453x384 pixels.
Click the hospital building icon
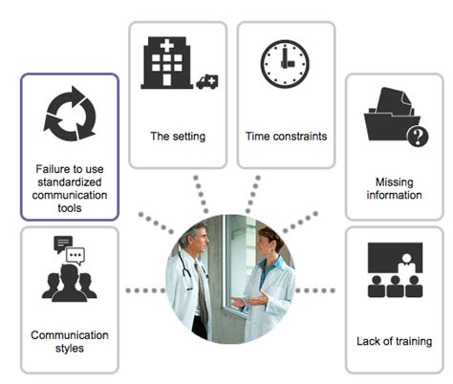(166, 62)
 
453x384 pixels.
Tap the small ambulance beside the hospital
(207, 82)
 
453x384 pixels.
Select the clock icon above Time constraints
(285, 64)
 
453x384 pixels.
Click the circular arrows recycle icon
(70, 114)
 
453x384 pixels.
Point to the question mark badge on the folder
(418, 137)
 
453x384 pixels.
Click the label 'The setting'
(178, 137)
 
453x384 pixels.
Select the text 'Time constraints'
(286, 137)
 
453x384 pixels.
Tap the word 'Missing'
(395, 182)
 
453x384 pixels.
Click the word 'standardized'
(70, 182)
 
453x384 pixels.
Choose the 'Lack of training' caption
(395, 341)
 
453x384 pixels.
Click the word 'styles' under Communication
(70, 348)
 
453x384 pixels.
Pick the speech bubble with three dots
(75, 256)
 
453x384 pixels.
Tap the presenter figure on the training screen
(406, 264)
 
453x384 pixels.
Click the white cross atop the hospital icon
(166, 45)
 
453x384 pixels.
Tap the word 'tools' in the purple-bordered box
(70, 208)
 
